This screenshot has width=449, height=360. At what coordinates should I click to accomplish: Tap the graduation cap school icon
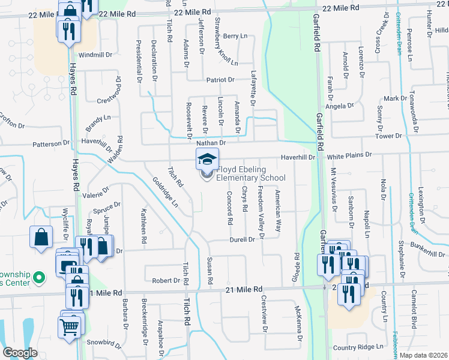[206, 159]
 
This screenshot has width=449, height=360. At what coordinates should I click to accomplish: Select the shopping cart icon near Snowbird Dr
[69, 327]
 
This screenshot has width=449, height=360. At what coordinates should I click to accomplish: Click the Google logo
[20, 353]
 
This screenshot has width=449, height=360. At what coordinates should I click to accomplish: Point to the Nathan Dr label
[211, 143]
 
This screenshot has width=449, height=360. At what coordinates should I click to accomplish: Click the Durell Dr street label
[243, 239]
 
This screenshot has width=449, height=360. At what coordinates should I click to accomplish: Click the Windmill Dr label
[95, 55]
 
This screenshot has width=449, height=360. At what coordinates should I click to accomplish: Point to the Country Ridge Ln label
[358, 347]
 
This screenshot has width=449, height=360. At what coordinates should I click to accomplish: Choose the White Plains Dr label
[350, 155]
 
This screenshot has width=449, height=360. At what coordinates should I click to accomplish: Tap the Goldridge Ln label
[165, 192]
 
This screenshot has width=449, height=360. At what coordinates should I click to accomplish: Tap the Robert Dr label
[166, 280]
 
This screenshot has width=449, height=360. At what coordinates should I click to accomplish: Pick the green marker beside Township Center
[39, 277]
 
